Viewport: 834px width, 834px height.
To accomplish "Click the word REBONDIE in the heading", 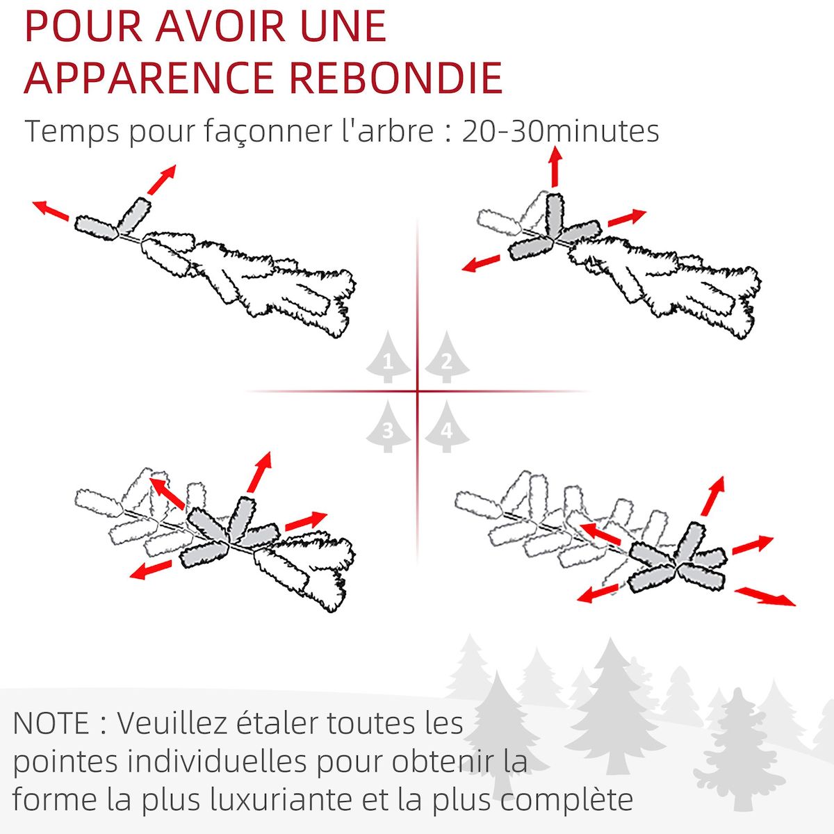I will [x=395, y=77].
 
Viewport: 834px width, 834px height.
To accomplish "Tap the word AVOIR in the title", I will [x=220, y=26].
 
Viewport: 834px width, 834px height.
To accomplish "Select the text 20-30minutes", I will [x=560, y=131].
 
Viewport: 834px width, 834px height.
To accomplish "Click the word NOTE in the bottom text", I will [x=51, y=723].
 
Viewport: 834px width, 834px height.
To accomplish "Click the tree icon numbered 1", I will [x=388, y=358].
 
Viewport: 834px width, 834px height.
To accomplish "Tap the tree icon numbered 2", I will [x=446, y=358].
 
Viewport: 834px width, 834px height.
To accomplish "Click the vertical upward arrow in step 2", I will [x=555, y=167].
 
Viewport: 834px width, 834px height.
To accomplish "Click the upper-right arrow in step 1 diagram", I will [x=161, y=179].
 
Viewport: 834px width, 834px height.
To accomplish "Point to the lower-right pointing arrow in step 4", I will [x=764, y=596].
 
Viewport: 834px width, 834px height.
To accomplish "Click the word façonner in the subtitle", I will [x=247, y=131].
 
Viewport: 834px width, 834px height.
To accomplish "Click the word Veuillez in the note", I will [x=173, y=723].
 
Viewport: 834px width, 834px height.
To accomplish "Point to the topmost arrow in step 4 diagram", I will [x=713, y=496].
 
